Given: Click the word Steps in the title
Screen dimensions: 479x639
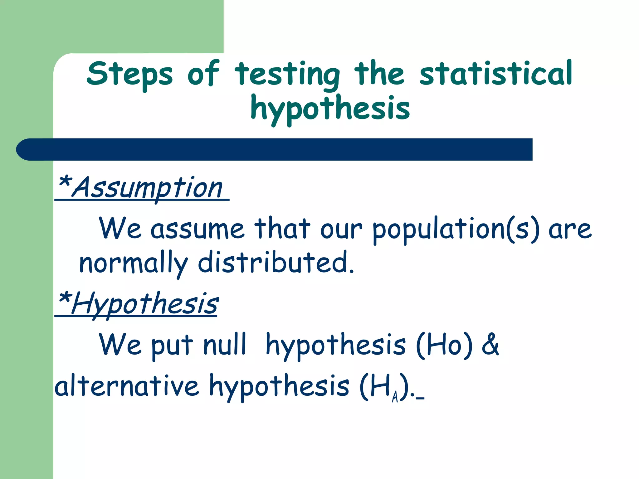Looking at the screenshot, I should coord(129,74).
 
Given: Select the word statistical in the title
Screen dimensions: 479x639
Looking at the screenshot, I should coord(496,74).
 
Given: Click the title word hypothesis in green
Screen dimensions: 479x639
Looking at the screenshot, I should coord(330,109).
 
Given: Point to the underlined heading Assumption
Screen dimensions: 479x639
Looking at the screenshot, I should coord(148,188).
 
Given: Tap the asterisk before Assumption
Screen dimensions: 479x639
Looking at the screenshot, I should coord(65,182).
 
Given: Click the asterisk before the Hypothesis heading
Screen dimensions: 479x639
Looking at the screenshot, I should coord(65,298).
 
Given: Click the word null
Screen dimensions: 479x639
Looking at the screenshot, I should coord(225,345).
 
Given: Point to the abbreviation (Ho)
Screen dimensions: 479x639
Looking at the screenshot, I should coord(444,346).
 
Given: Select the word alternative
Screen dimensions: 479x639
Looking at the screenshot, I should coord(127,386).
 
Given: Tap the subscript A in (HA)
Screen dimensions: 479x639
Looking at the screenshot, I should coord(395,397).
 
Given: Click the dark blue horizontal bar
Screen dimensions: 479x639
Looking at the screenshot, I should coord(275,149).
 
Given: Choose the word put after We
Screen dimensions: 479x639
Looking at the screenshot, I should coord(172,346).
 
